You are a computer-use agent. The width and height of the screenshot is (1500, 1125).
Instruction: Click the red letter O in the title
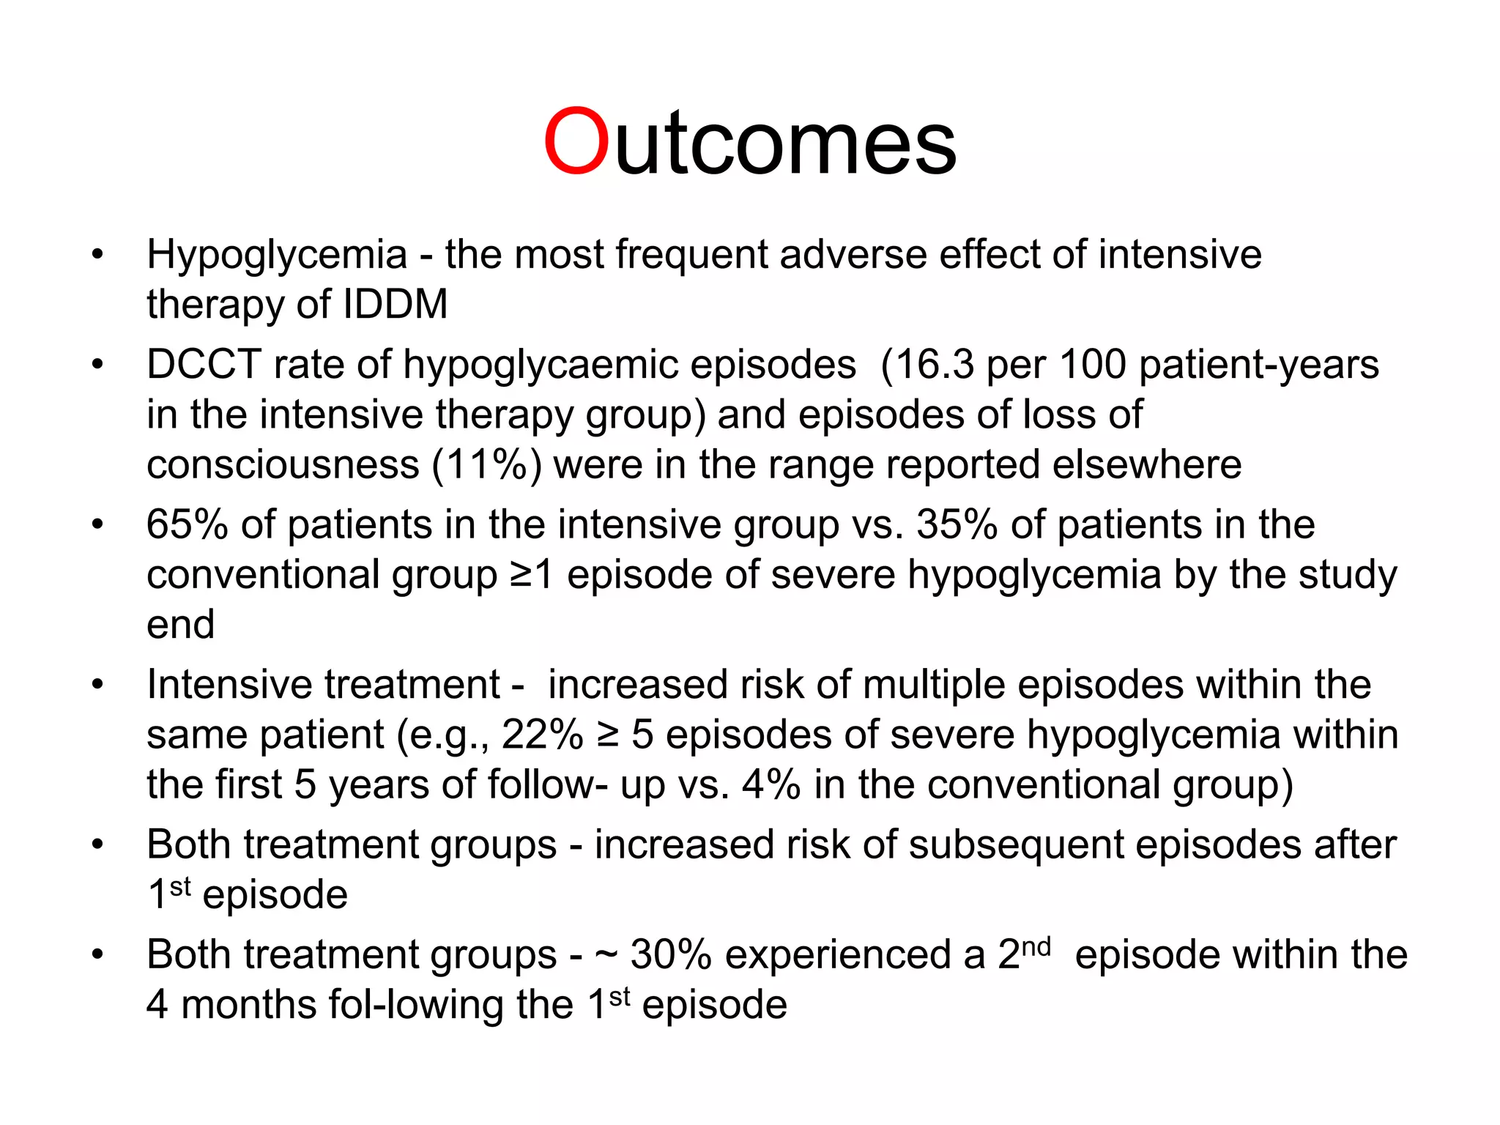(576, 141)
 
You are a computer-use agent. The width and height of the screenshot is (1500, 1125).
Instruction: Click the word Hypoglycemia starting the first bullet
(276, 255)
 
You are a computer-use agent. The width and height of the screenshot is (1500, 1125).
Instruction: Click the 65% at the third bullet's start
(187, 524)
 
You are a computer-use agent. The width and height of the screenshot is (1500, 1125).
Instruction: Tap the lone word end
(180, 625)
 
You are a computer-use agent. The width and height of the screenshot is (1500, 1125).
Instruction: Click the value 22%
(542, 735)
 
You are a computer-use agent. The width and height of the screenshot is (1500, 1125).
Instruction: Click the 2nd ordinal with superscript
(1024, 953)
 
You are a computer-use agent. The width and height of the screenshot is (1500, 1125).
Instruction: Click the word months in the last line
(248, 1004)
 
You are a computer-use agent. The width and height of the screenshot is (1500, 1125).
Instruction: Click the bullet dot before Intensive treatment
(97, 685)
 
